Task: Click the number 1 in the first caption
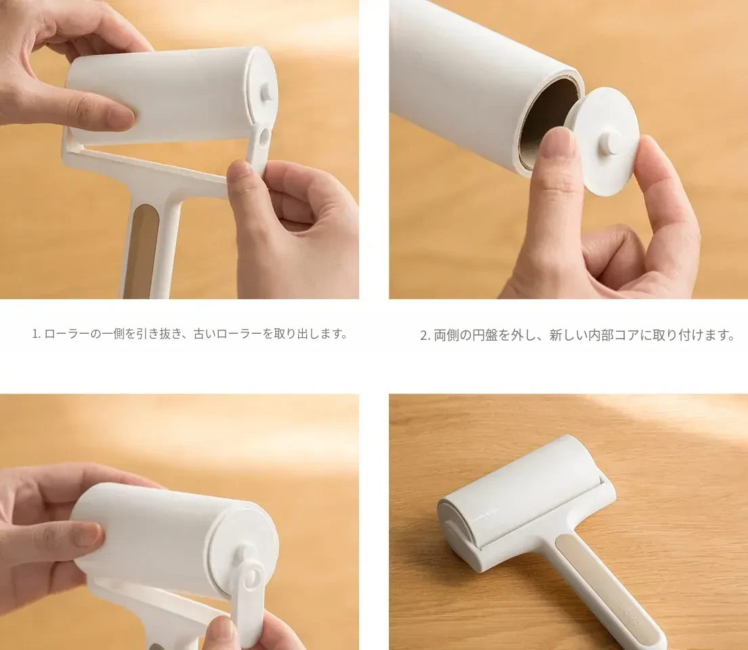point(35,334)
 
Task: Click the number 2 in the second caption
point(423,335)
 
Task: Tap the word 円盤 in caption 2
point(486,335)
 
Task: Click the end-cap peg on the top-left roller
point(267,93)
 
